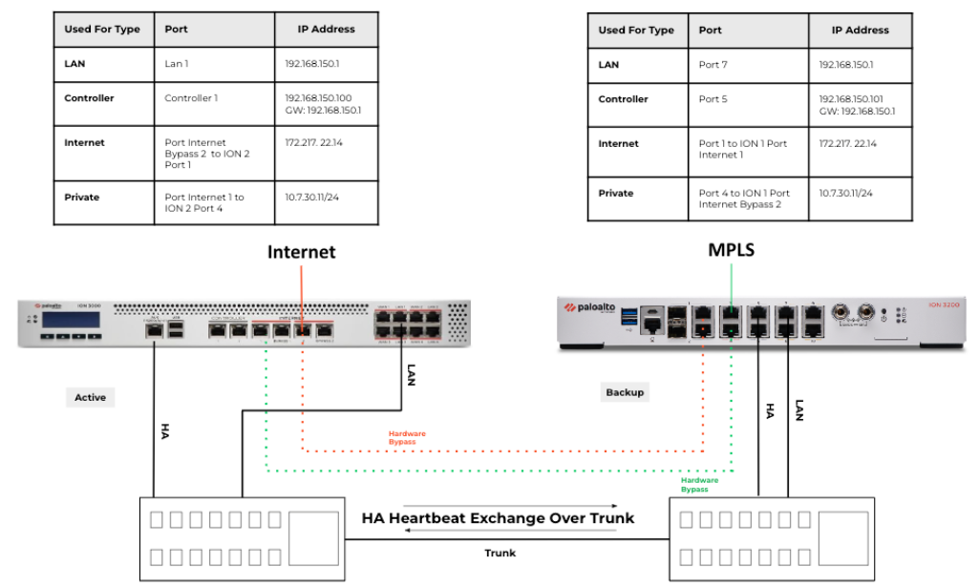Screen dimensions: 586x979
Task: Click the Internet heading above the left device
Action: point(301,253)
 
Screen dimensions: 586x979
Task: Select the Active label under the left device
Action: point(91,397)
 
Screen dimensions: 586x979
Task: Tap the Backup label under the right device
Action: point(625,392)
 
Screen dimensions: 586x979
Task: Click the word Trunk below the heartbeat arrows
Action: point(500,553)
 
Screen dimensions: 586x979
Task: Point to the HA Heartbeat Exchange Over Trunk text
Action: point(498,518)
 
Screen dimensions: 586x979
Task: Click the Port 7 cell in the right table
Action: point(713,64)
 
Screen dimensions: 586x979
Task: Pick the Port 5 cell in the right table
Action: point(713,99)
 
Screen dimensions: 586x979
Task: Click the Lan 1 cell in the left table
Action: point(179,63)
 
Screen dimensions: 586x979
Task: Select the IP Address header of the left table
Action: point(326,29)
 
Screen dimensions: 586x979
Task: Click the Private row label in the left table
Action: point(81,198)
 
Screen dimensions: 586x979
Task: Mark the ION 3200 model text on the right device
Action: point(943,303)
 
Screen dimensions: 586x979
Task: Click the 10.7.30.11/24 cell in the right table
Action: point(845,193)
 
